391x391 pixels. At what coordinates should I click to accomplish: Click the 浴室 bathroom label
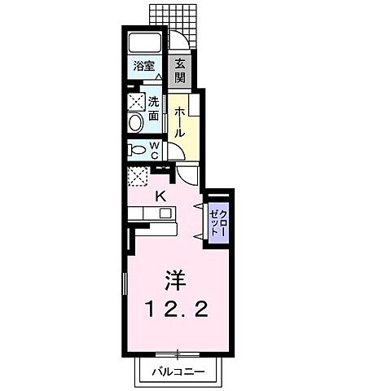click(144, 66)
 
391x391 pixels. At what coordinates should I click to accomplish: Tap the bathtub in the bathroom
click(145, 42)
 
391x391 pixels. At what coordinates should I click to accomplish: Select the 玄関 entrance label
click(180, 71)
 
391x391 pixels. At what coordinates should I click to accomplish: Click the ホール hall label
click(179, 122)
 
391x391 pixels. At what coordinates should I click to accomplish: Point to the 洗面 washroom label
click(154, 108)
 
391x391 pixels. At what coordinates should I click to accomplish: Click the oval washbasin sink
click(135, 123)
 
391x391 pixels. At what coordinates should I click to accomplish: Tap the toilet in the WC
click(138, 150)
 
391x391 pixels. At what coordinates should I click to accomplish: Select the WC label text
click(154, 151)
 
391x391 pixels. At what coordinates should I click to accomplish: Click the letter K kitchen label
click(160, 196)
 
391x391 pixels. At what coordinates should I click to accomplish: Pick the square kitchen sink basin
click(165, 213)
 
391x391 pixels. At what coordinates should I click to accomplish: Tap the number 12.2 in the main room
click(178, 309)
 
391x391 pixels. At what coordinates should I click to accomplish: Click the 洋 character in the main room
click(176, 280)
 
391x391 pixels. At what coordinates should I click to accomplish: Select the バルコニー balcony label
click(178, 371)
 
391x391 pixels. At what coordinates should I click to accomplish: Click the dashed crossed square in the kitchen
click(138, 177)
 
